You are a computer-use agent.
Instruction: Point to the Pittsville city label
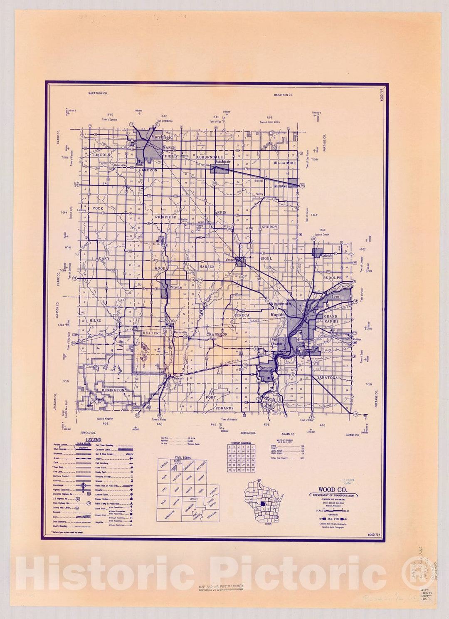[176, 287]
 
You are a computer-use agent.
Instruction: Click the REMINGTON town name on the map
[112, 390]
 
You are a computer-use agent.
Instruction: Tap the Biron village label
[336, 297]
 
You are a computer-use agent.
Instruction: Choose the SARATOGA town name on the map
[328, 378]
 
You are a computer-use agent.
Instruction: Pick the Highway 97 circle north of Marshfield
[157, 124]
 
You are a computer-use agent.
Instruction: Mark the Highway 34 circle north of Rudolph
[313, 239]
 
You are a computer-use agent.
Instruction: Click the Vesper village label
[230, 260]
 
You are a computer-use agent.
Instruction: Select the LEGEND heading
[93, 440]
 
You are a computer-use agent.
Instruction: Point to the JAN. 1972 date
[333, 519]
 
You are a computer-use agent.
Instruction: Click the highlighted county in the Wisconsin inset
[262, 504]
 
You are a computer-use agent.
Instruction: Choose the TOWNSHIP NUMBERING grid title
[240, 443]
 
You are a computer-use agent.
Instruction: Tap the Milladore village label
[281, 186]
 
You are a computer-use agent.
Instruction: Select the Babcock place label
[178, 379]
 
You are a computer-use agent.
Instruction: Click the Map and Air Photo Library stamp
[221, 587]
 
